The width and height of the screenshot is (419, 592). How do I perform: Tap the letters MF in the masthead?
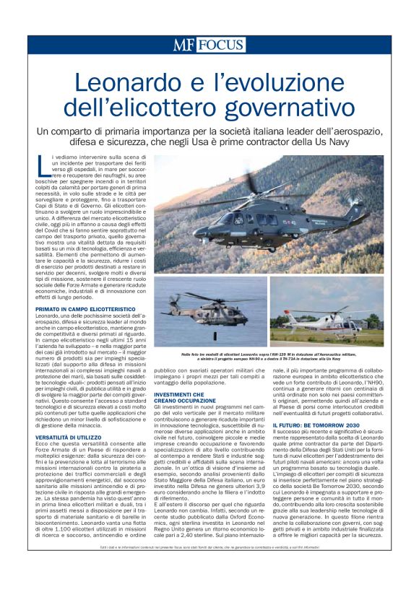tap(183, 45)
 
